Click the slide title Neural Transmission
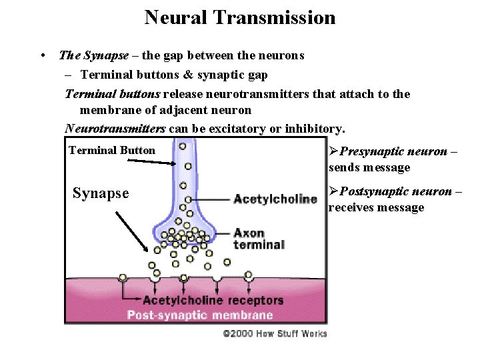[x=240, y=17]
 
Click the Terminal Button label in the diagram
[x=112, y=151]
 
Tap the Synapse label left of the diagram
[x=100, y=193]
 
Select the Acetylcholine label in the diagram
[x=275, y=199]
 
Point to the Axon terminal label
[x=259, y=239]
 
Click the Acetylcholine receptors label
[x=213, y=300]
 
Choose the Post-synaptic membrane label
[x=200, y=315]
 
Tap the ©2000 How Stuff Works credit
[x=275, y=333]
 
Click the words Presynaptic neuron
[x=393, y=151]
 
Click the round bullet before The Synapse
[x=42, y=56]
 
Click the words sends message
[x=369, y=167]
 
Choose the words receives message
[x=376, y=207]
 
